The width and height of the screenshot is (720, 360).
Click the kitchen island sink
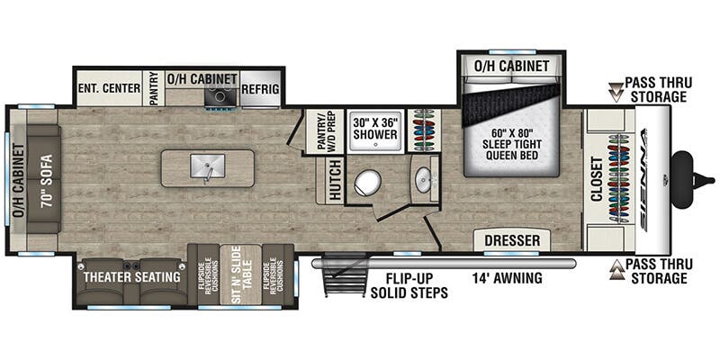point(207,166)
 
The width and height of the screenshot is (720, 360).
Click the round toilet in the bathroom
point(367,184)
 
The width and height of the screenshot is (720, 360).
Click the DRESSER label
point(512,240)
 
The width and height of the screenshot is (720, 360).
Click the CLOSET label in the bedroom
point(598,181)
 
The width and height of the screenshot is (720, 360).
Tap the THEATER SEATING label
point(130,276)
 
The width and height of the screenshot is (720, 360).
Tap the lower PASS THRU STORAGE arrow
point(616,266)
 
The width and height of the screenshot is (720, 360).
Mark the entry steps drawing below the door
point(344,281)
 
